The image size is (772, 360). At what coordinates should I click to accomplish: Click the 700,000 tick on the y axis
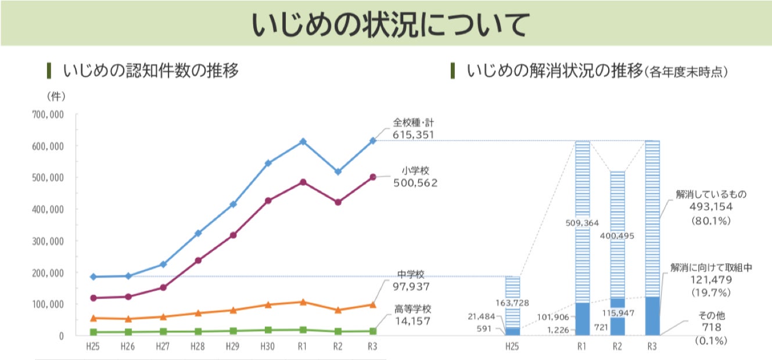coord(48,114)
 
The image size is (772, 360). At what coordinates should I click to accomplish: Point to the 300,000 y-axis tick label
coord(48,241)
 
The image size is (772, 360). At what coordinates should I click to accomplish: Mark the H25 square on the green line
coord(93,332)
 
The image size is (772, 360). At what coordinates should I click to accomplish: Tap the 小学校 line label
coord(415,171)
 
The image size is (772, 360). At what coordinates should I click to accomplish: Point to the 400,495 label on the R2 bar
coord(617,236)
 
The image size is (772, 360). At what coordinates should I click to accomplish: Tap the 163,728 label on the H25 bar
coord(512,302)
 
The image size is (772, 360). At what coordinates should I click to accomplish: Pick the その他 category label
coord(711,316)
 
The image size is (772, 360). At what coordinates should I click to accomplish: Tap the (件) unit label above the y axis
coord(56,95)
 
